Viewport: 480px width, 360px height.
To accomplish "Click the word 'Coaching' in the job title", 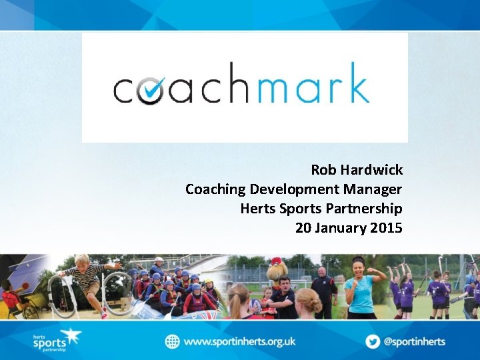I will (x=215, y=189).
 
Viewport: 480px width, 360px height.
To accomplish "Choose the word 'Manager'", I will (x=375, y=189).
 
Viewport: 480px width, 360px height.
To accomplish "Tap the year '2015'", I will (x=387, y=228).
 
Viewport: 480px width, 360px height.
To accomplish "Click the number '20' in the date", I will (x=303, y=228).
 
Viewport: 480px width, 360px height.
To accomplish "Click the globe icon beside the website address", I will (x=173, y=341).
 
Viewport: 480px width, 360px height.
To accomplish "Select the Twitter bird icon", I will (x=372, y=341).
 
